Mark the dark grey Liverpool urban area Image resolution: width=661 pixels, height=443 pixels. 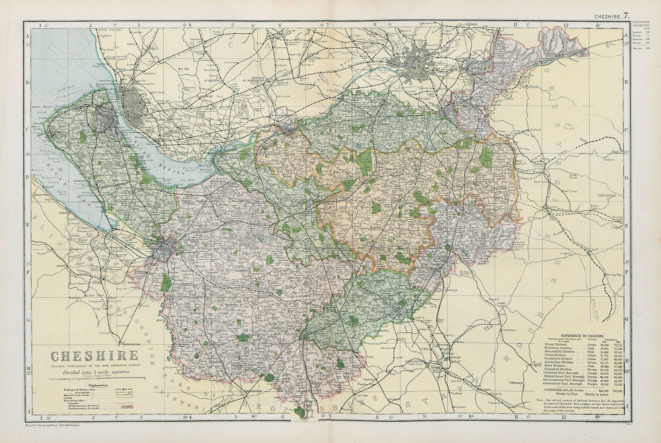[135, 102]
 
